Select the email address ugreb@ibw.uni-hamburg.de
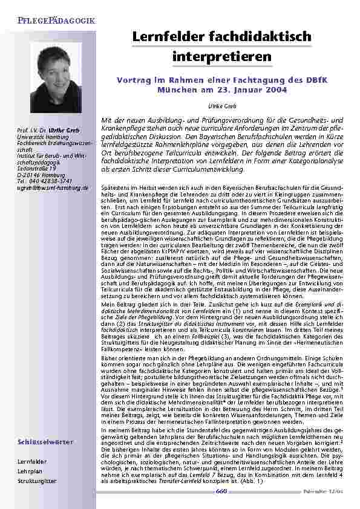click(x=53, y=188)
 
